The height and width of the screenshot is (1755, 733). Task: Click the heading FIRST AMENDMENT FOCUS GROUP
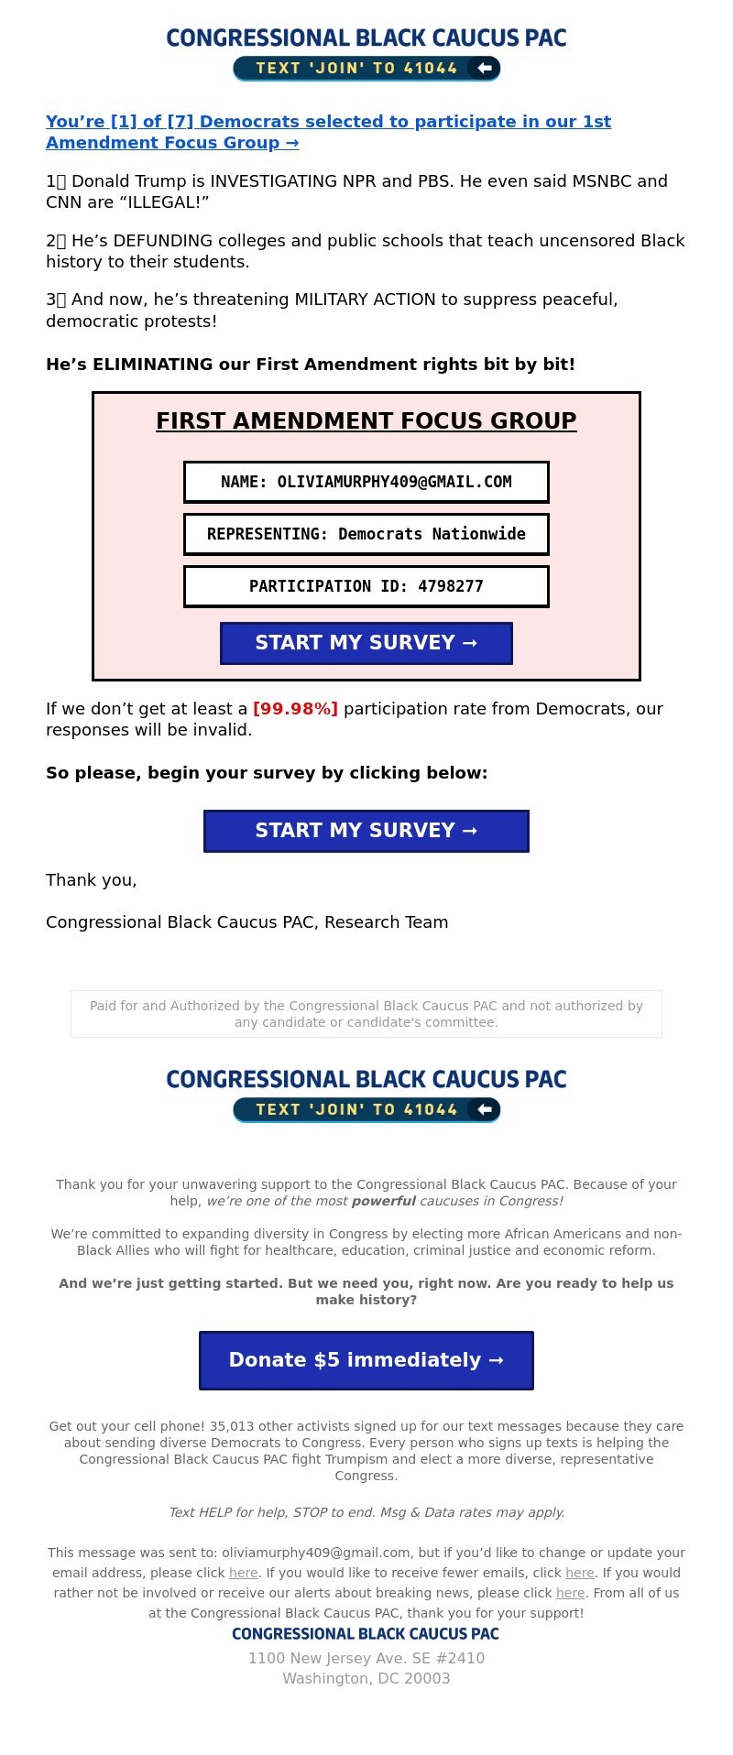[366, 421]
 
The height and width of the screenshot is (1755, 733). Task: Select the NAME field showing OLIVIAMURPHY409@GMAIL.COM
[366, 482]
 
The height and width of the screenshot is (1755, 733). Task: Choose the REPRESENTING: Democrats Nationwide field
[366, 534]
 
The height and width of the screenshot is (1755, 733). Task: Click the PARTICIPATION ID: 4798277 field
[366, 586]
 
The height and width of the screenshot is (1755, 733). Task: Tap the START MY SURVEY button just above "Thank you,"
[366, 831]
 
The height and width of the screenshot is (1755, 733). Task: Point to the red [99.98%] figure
[295, 709]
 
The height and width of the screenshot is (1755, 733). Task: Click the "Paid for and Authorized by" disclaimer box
[366, 1014]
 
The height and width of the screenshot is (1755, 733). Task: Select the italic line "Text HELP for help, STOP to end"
[366, 1512]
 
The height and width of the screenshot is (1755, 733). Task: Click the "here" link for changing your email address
[243, 1573]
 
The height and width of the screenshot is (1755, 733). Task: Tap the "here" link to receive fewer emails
[580, 1573]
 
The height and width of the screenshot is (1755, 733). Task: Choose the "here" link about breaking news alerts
[570, 1593]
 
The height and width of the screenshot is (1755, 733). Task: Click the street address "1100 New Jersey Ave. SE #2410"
[366, 1658]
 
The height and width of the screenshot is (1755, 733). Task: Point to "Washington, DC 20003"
[366, 1678]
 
